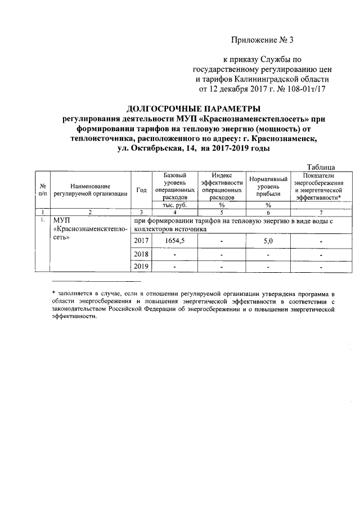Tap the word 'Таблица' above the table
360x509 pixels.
tap(322, 166)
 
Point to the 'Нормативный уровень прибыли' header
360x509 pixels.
tap(268, 186)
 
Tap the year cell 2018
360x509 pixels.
tap(141, 254)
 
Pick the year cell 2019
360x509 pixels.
tap(141, 266)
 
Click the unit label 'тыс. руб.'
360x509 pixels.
tap(174, 205)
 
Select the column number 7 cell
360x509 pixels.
tap(321, 212)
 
